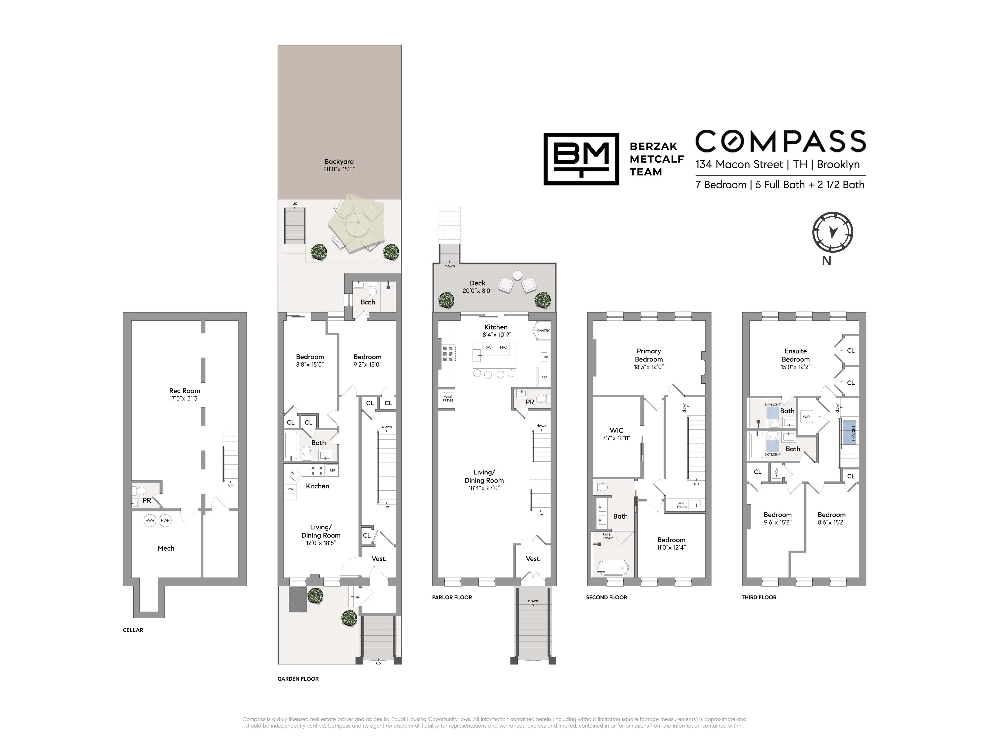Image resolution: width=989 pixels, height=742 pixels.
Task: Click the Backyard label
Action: [x=339, y=162]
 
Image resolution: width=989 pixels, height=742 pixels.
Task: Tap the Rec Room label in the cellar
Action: [x=185, y=391]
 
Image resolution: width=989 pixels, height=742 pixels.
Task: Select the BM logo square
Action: [x=581, y=159]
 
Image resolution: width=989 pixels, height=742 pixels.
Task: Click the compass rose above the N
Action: [x=832, y=233]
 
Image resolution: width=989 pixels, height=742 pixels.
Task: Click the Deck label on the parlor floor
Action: [x=478, y=283]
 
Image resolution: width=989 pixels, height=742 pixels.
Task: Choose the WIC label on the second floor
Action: [x=617, y=430]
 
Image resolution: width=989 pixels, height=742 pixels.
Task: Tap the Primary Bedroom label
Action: [x=649, y=355]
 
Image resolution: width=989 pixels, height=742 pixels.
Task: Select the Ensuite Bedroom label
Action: [x=796, y=355]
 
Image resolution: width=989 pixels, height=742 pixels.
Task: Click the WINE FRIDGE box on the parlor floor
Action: [x=448, y=399]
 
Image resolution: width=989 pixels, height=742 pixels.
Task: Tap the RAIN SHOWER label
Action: [x=606, y=536]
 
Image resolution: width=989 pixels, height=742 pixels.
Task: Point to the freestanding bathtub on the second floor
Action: [x=612, y=568]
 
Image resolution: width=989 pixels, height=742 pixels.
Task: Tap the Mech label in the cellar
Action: [x=166, y=548]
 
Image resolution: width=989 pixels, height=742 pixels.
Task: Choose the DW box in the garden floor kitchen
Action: [x=291, y=489]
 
